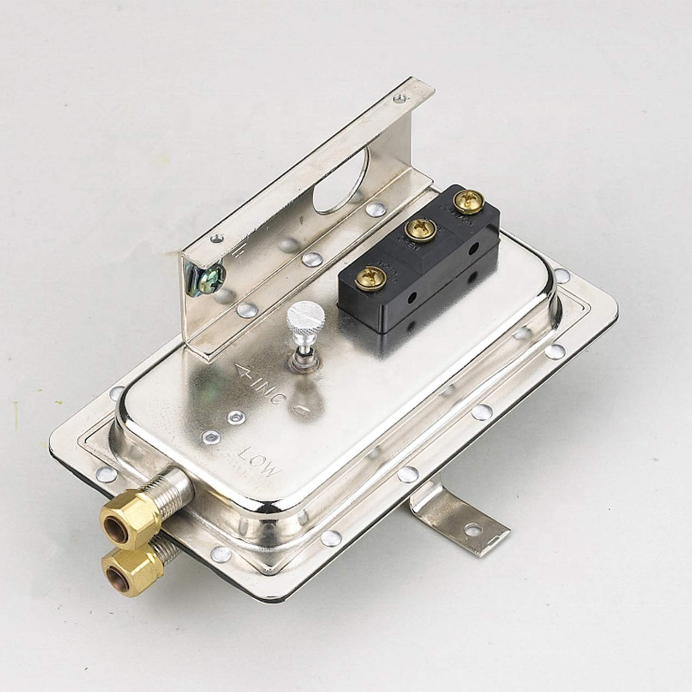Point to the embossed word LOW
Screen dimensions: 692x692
pos(259,459)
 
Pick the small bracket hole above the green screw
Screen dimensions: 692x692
pos(215,239)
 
